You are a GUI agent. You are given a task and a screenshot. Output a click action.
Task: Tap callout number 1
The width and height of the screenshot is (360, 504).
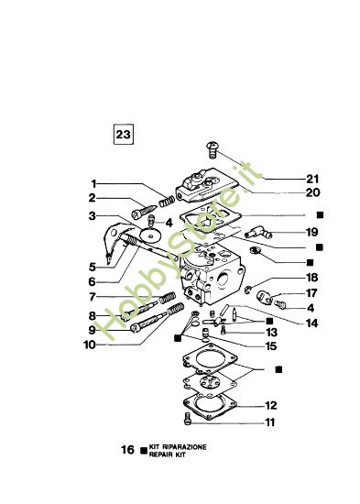[93, 182]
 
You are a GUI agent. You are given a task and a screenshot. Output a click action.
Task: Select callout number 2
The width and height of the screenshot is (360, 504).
[93, 197]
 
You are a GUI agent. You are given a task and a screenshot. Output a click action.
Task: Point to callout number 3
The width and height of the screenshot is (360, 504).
[93, 215]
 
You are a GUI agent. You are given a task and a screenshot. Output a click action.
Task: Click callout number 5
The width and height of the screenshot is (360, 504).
[93, 266]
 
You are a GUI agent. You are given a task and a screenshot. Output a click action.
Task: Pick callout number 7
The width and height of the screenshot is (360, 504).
[93, 298]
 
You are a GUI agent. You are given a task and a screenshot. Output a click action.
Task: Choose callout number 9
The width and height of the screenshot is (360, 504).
[93, 330]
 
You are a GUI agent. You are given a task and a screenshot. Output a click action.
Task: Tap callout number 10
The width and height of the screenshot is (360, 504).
[90, 345]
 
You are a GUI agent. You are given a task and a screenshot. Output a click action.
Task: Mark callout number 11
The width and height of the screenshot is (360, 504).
[271, 422]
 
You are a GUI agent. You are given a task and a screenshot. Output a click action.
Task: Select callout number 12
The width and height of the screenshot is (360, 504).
[271, 405]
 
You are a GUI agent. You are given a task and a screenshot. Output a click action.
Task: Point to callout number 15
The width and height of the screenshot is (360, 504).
[271, 346]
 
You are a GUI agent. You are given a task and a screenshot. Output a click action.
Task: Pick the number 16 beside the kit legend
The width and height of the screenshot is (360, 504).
[128, 450]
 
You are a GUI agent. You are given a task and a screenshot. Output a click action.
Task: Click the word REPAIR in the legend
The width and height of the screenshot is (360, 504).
[162, 455]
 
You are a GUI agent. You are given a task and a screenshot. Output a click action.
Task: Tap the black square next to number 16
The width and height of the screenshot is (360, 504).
[143, 450]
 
